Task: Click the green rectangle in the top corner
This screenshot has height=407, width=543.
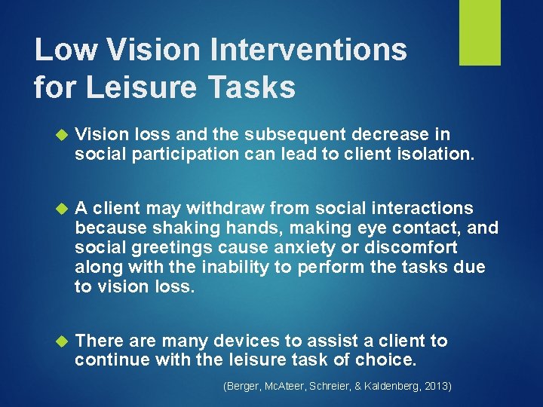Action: point(480,32)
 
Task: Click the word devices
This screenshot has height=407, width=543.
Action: point(244,341)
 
